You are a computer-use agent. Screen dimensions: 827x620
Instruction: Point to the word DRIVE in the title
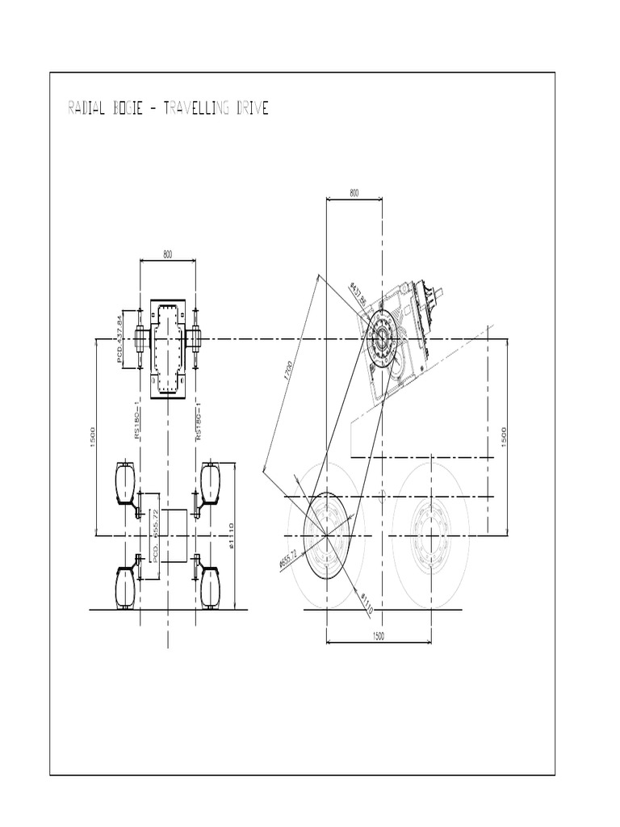point(252,108)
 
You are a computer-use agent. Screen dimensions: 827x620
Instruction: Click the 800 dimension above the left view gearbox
point(168,254)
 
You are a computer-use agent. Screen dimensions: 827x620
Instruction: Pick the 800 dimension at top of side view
point(354,193)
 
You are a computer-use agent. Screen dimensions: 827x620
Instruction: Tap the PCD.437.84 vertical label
point(123,338)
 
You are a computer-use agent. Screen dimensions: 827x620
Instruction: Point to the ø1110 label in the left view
point(231,535)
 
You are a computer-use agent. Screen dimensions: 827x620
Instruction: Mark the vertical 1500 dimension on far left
point(94,435)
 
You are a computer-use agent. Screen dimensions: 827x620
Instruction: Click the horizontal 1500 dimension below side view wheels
point(379,636)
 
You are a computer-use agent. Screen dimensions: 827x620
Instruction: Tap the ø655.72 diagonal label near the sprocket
point(288,559)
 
